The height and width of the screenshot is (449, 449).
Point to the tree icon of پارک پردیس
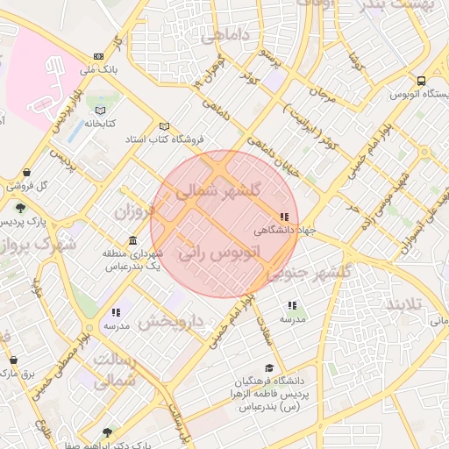pos(19,208)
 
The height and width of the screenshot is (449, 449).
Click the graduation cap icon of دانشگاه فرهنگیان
pos(270,367)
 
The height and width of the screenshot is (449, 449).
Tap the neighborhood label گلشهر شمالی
pos(217,190)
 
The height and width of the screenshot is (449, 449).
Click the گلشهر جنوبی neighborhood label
pos(308,273)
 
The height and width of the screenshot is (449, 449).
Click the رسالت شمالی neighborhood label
pos(114,371)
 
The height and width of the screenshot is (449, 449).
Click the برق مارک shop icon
pos(13,360)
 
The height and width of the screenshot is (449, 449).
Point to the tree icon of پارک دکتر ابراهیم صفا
pos(107,432)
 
